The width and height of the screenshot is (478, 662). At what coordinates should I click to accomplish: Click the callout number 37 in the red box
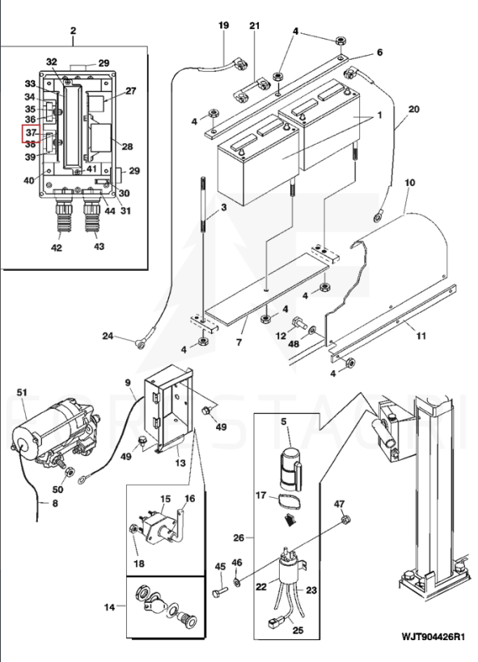[x=31, y=133]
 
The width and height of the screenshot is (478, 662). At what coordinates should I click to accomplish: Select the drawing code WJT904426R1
[x=433, y=636]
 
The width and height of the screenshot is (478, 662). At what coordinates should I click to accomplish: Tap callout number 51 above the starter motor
[x=22, y=392]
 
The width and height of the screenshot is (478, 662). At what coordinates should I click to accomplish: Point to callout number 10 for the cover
[x=409, y=183]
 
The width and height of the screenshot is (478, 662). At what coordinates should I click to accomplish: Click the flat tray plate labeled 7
[x=266, y=290]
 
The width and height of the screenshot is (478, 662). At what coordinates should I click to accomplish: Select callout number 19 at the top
[x=223, y=25]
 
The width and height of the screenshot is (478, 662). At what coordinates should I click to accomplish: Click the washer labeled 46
[x=237, y=583]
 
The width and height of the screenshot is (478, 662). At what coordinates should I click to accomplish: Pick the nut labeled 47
[x=345, y=520]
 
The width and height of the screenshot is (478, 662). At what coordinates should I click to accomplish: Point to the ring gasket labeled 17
[x=288, y=504]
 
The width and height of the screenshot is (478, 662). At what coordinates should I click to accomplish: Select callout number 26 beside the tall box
[x=239, y=538]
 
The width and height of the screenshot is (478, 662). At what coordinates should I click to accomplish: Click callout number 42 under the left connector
[x=56, y=247]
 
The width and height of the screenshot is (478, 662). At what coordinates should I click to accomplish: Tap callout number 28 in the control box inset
[x=127, y=146]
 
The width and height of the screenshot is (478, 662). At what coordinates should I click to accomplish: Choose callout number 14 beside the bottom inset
[x=109, y=607]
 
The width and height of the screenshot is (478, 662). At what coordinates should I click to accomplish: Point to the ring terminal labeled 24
[x=140, y=344]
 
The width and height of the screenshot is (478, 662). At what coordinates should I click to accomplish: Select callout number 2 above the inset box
[x=73, y=31]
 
